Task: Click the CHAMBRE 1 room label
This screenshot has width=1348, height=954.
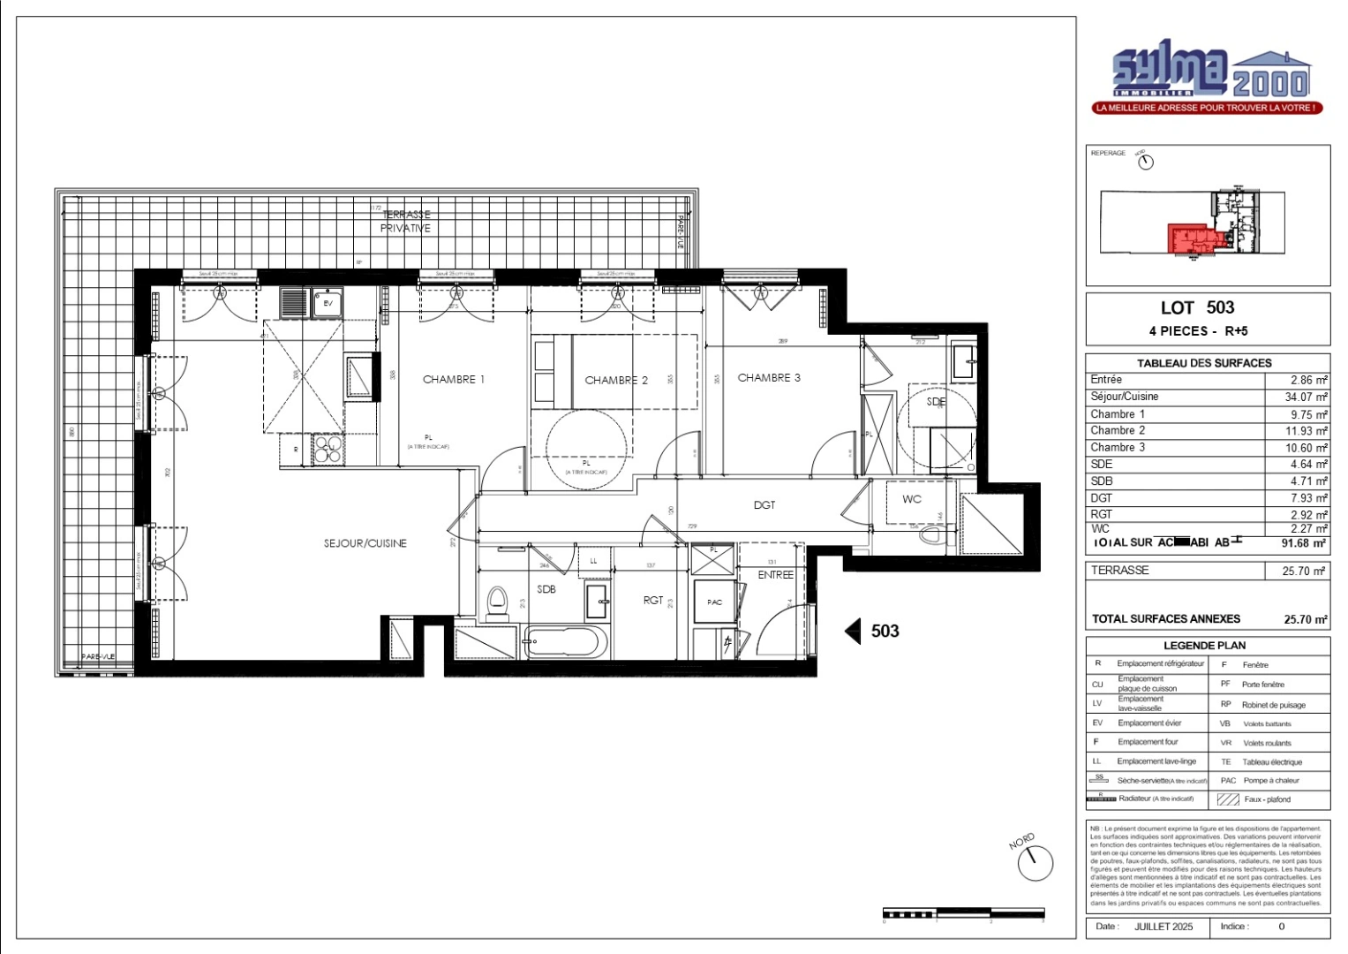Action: click(454, 379)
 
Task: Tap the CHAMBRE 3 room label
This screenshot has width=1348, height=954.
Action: click(769, 377)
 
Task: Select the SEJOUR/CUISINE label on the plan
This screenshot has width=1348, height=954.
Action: click(365, 543)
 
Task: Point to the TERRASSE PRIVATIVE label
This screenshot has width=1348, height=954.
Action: click(405, 221)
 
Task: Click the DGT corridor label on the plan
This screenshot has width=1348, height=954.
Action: click(764, 504)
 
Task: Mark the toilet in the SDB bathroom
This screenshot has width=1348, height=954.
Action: click(498, 602)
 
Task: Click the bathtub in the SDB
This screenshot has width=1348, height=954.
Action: click(565, 641)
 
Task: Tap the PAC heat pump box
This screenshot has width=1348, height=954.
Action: click(715, 602)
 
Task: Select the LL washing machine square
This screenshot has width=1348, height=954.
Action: click(593, 561)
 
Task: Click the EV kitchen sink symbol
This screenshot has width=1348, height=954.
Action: click(328, 303)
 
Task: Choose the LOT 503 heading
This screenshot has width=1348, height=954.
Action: click(1197, 307)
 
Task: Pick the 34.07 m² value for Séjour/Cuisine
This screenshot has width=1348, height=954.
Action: click(1305, 397)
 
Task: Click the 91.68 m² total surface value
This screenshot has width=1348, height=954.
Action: click(1303, 543)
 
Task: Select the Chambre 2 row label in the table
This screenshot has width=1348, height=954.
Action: click(1118, 430)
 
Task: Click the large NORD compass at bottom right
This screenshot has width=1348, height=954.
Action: click(1035, 862)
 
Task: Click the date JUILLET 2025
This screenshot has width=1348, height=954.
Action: click(1163, 927)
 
